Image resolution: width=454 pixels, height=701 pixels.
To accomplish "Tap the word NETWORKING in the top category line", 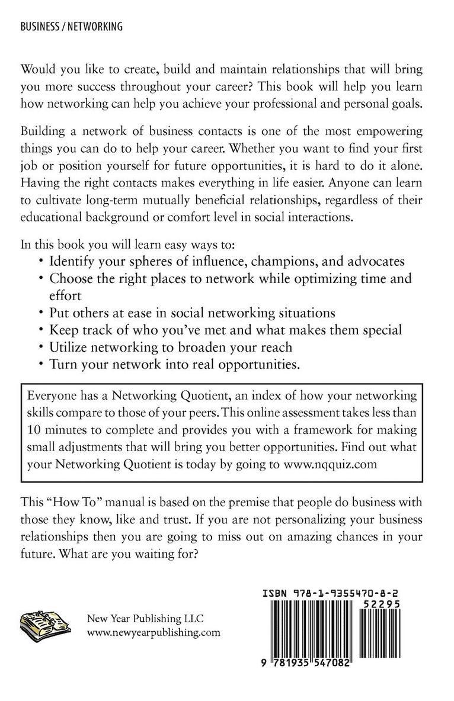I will click(96, 26).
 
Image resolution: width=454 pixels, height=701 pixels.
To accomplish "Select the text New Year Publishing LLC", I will click(145, 619).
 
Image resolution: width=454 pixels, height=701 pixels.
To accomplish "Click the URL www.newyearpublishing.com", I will click(154, 632).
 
